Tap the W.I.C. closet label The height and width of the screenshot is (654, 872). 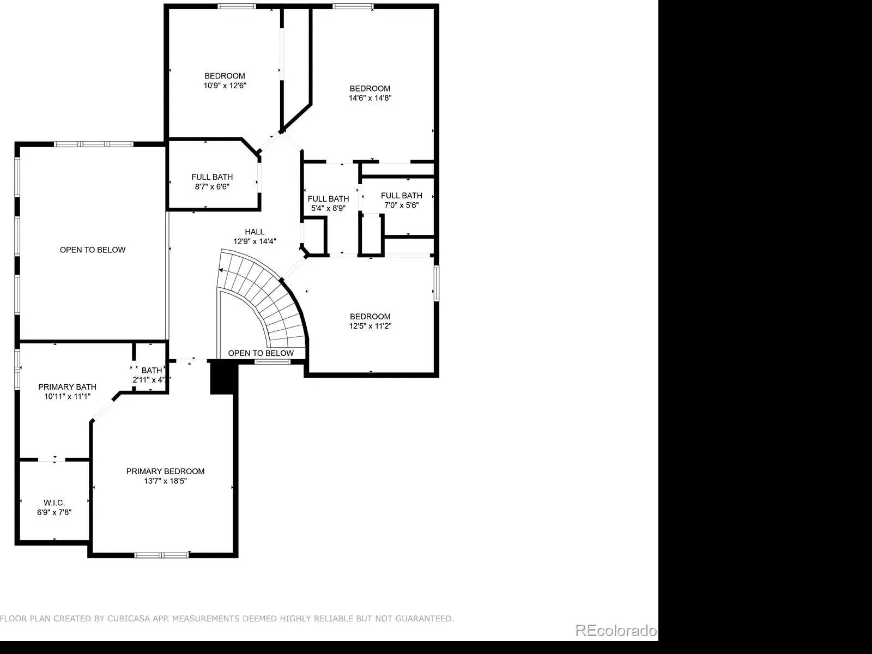point(54,502)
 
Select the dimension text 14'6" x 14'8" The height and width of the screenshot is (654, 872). point(370,98)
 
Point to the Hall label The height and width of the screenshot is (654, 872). point(255,232)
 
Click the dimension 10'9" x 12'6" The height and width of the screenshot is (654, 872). point(225,86)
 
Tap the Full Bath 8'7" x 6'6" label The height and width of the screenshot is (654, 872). point(212,181)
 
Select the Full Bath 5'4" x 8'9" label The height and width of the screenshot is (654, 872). point(328,203)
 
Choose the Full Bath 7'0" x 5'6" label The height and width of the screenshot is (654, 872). point(401,200)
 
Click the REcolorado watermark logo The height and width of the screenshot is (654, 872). point(616,630)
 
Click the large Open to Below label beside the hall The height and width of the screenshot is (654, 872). point(93,250)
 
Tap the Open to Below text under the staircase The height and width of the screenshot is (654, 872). point(261,353)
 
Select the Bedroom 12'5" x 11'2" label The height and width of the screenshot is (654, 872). point(370,321)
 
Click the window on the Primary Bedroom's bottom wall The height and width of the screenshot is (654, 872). point(161,555)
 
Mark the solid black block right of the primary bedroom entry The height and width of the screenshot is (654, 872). point(223,377)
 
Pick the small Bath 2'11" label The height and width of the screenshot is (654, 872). point(152,375)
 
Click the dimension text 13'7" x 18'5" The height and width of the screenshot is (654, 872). point(165,481)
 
